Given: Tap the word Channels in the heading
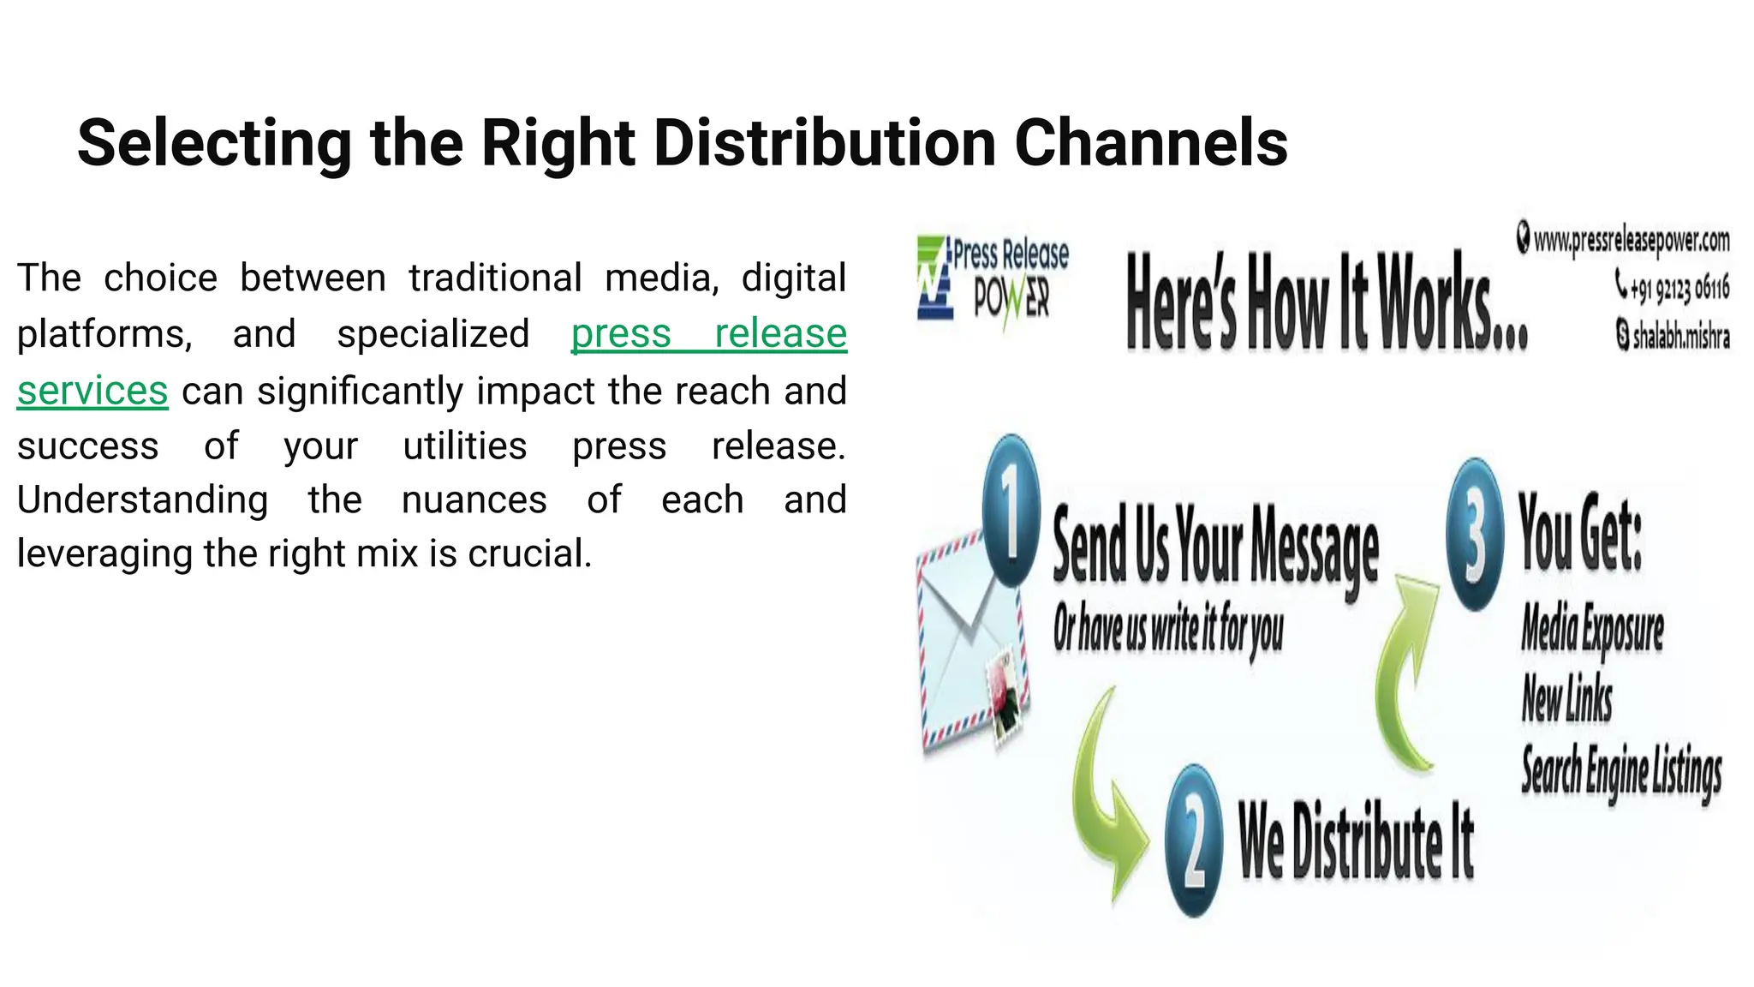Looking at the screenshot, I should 1151,142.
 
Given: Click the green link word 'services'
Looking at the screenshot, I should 92,391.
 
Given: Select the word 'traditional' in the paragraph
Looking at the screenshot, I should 495,278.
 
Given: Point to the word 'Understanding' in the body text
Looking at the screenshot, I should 142,499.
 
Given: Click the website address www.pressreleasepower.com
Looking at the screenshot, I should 1631,241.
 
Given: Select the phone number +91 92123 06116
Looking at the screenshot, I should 1679,288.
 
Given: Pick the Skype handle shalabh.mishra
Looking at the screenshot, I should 1680,336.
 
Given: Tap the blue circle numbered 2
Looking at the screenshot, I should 1194,840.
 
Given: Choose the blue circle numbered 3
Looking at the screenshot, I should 1475,535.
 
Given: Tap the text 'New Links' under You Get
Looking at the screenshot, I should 1566,698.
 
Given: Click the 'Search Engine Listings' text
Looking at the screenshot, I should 1621,770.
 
